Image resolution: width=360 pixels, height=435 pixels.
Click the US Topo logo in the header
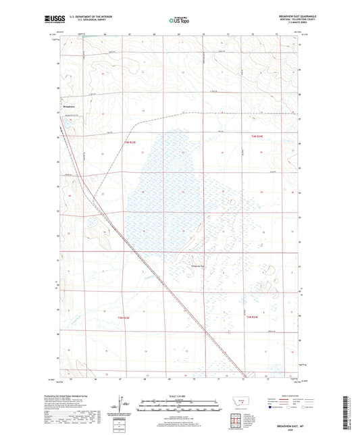point(178,21)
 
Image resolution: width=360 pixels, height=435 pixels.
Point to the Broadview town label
point(68,106)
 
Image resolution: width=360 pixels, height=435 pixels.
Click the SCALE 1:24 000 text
point(178,396)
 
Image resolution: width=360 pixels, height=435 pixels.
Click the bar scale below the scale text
point(178,407)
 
